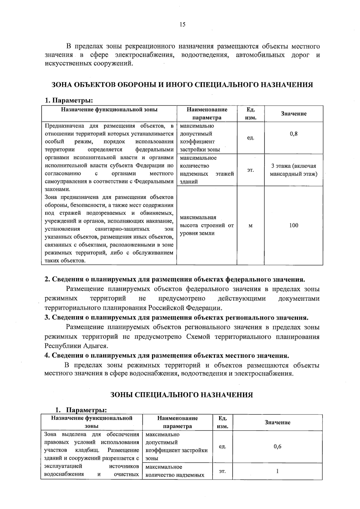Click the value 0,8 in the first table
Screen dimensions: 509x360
(293, 134)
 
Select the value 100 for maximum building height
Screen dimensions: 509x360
(293, 225)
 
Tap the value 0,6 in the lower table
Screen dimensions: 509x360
(277, 447)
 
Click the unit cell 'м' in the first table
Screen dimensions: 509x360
(250, 226)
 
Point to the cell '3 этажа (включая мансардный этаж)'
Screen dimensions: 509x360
(293, 170)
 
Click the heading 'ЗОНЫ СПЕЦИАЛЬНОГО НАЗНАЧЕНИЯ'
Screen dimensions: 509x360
(182, 395)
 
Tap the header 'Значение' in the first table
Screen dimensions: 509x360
(293, 114)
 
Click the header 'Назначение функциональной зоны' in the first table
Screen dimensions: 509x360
(109, 110)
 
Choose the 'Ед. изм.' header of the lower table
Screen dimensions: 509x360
(222, 422)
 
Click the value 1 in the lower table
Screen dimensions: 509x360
(277, 471)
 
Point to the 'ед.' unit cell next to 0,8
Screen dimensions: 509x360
(250, 138)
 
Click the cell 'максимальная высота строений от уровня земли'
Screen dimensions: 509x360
(207, 225)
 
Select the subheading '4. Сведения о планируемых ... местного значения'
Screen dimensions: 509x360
(167, 356)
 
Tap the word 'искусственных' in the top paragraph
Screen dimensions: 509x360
(64, 64)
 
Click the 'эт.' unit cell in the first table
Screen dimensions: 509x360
(250, 170)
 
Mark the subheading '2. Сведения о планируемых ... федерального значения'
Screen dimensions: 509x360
(175, 279)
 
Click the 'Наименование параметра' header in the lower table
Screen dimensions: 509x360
(177, 422)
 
